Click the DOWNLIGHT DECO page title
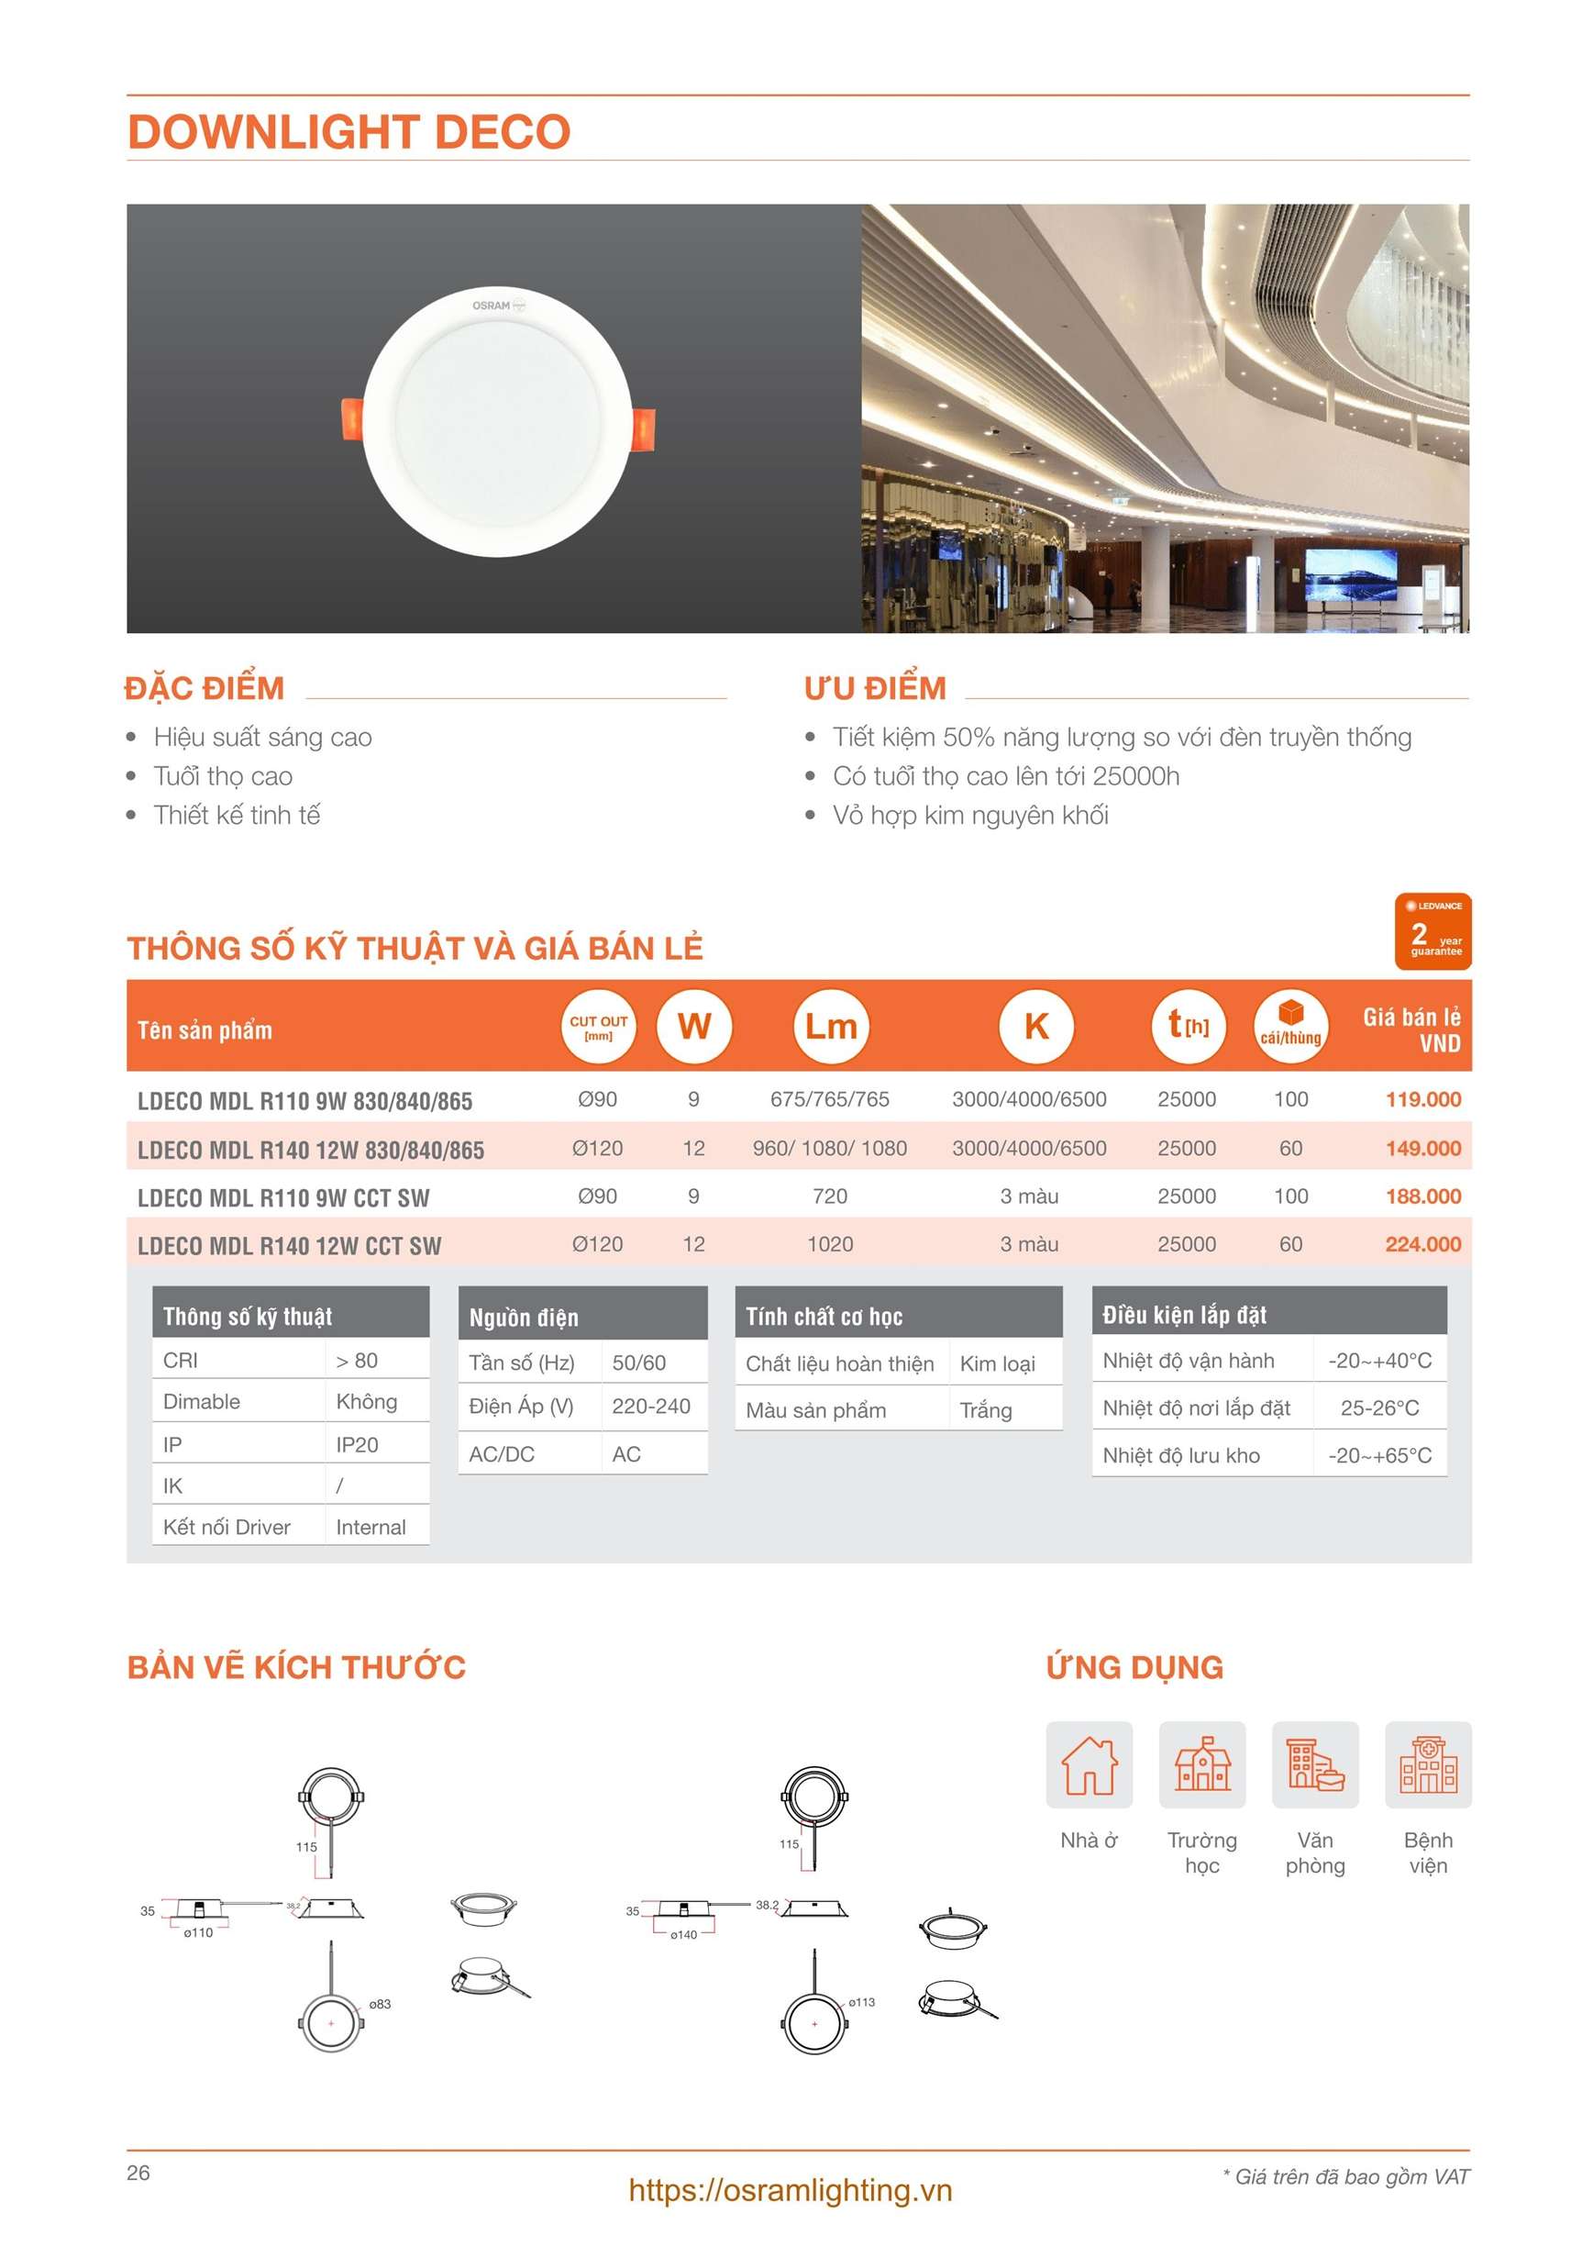tap(348, 132)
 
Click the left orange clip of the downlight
tap(352, 419)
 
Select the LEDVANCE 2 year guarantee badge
tap(1432, 930)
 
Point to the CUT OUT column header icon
tap(598, 1027)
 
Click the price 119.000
tap(1422, 1099)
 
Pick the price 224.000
tap(1422, 1244)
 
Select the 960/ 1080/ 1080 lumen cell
tap(829, 1148)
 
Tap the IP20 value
tap(356, 1444)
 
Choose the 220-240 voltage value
tap(650, 1407)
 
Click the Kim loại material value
tap(997, 1363)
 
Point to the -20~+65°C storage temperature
tap(1378, 1455)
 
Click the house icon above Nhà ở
tap(1089, 1764)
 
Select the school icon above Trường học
tap(1201, 1764)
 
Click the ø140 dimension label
tap(683, 1935)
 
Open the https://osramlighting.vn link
tap(790, 2190)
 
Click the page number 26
tap(138, 2173)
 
